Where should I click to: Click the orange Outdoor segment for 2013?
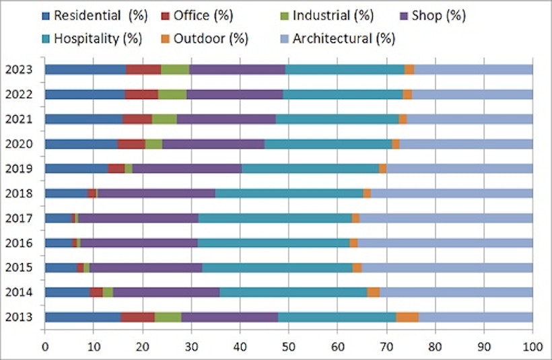tap(407, 317)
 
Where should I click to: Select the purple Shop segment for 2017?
tap(138, 218)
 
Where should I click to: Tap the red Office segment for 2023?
tap(143, 69)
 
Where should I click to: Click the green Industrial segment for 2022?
tap(172, 94)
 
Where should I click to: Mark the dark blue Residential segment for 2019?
tap(77, 168)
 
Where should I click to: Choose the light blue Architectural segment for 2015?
tap(447, 267)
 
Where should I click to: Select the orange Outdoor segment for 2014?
tap(374, 292)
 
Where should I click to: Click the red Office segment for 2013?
tap(138, 317)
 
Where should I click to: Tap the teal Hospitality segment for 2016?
tap(273, 243)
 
